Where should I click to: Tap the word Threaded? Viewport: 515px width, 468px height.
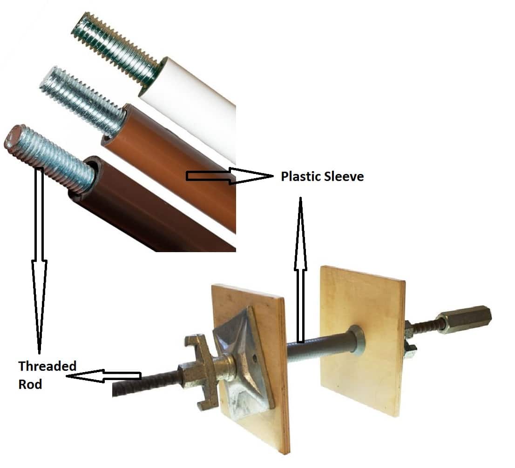tap(47, 366)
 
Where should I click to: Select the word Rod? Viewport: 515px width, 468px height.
tap(30, 384)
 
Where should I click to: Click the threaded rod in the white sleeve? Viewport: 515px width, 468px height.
tap(116, 47)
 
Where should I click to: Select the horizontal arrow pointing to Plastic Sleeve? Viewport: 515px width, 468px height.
tap(228, 176)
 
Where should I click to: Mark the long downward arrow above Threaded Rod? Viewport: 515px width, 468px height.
tap(39, 261)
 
